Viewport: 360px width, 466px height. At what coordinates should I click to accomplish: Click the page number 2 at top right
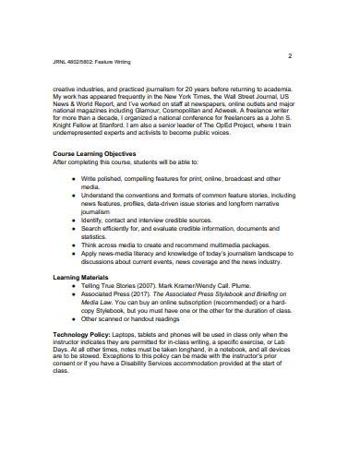[x=289, y=56]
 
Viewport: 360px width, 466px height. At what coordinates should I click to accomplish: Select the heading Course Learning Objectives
[x=95, y=153]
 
